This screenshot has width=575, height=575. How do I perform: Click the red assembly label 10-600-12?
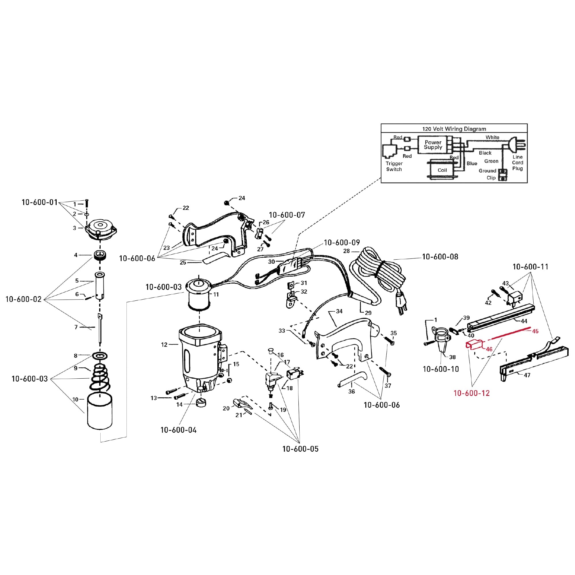click(x=471, y=393)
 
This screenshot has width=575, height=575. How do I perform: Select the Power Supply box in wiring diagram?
click(x=433, y=145)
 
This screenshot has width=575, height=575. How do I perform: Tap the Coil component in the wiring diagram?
click(x=442, y=170)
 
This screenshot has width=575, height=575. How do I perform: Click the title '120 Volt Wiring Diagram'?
click(x=454, y=129)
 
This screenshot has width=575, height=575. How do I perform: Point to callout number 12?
click(x=164, y=345)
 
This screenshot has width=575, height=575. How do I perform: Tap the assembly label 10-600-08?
click(x=440, y=256)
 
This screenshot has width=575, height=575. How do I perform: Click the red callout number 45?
click(x=535, y=331)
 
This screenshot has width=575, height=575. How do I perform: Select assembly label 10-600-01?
click(x=39, y=202)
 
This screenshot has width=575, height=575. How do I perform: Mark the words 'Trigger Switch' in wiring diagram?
click(x=394, y=166)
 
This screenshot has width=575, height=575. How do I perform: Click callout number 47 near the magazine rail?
click(x=527, y=375)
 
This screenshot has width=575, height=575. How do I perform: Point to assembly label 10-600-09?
click(x=342, y=243)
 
